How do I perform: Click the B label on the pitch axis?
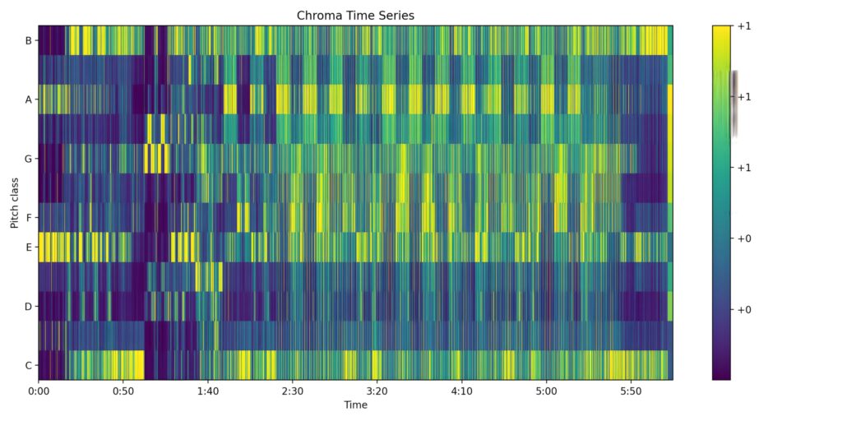pos(29,40)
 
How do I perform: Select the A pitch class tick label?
pos(29,99)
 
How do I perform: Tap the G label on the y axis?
pos(28,159)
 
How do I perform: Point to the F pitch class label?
pos(29,218)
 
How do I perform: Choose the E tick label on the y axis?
pos(29,248)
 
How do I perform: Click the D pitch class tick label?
pos(28,307)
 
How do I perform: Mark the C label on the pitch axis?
pos(29,366)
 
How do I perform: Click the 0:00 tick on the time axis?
pos(39,391)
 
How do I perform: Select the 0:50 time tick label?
pos(123,391)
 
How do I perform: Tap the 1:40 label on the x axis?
pos(208,391)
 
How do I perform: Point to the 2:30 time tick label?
pos(293,391)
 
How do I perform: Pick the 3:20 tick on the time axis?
pos(377,391)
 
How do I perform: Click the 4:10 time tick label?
pos(462,391)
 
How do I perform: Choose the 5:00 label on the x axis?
pos(547,391)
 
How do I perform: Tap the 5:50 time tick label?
pos(631,391)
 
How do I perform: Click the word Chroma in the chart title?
pos(317,16)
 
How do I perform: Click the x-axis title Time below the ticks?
pos(355,405)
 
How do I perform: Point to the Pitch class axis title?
pos(15,202)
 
